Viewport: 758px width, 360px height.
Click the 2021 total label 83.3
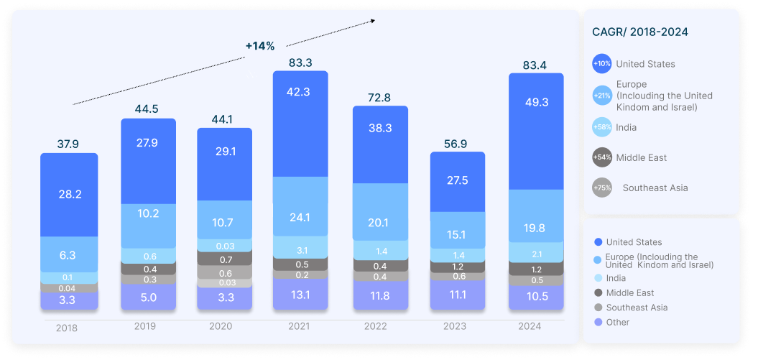tap(300, 63)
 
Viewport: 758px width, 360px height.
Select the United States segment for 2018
tap(69, 195)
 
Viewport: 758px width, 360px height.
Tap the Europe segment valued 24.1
tap(300, 216)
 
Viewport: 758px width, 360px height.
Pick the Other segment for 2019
tap(148, 297)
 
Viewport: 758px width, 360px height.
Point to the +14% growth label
tap(259, 46)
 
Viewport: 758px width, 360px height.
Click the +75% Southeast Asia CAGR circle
tap(602, 188)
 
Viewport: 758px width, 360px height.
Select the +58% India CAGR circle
tap(602, 127)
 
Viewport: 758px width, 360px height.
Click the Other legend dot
tap(598, 322)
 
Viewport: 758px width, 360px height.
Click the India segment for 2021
tap(300, 250)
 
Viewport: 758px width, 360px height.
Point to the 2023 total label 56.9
tap(458, 144)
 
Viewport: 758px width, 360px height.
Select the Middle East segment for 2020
tap(225, 259)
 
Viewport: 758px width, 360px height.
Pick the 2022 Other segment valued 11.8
tap(379, 295)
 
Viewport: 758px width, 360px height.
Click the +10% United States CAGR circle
tap(602, 64)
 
